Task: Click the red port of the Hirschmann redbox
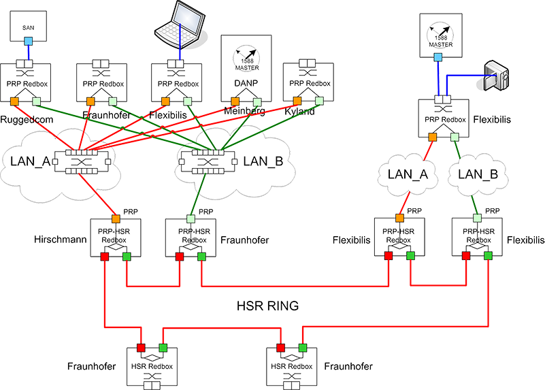click(x=104, y=257)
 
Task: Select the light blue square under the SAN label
click(x=28, y=42)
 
